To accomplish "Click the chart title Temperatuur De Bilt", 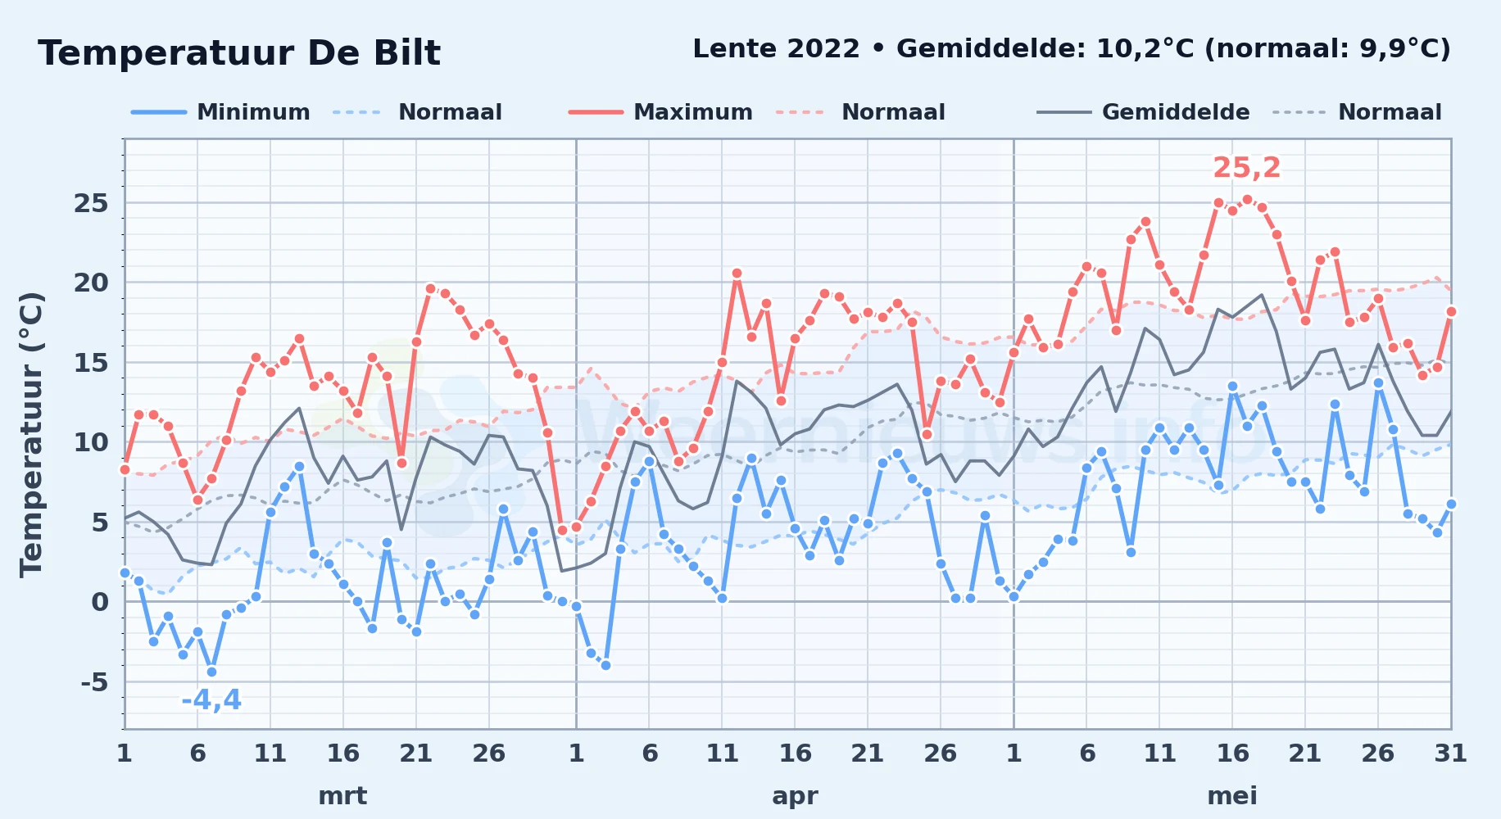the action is (239, 53).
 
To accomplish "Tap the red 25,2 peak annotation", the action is (1246, 168).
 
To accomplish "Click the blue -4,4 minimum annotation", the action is (211, 700).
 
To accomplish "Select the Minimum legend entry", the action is (220, 112).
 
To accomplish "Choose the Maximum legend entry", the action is (660, 112).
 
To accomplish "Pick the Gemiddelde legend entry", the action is (1143, 112).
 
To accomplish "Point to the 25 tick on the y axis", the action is (91, 203).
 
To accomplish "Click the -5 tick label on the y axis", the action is (94, 682).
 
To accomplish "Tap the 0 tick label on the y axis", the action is (100, 603).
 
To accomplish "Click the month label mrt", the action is (342, 796).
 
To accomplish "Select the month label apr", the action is (795, 796).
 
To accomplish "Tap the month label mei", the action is (1232, 796).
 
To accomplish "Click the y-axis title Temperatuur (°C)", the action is (31, 435).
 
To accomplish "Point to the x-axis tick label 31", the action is (1451, 753).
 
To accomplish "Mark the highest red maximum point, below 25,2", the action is (1247, 199).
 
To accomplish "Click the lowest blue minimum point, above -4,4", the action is (211, 672).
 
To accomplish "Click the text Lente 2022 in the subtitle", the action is (776, 49).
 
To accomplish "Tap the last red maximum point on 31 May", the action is (1451, 311).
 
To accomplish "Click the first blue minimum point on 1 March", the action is (125, 572).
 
